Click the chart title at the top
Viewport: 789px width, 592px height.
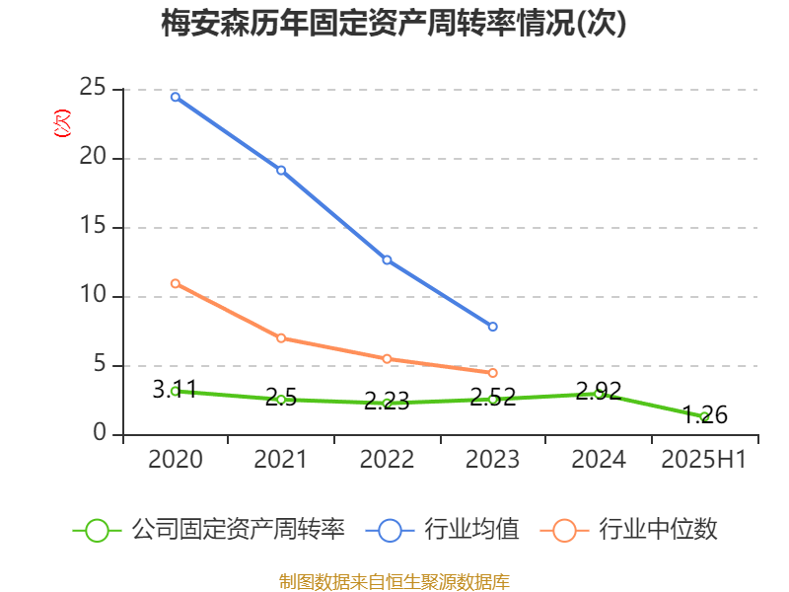(394, 24)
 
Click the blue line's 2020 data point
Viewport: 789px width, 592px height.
(175, 97)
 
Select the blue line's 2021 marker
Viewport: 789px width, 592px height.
(281, 170)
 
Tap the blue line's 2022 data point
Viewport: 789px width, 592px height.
(387, 259)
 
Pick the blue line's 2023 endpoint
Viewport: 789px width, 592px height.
(493, 327)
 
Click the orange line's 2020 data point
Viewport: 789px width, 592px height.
(175, 283)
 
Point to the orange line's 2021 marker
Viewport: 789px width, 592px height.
(281, 337)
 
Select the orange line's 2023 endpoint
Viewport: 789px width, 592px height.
(493, 373)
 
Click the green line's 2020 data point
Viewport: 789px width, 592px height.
(175, 391)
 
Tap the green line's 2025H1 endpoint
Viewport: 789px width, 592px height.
(704, 416)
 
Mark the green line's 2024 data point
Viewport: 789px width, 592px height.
(599, 393)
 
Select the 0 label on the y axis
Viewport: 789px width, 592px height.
(100, 433)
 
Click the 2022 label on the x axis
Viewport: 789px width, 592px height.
(387, 460)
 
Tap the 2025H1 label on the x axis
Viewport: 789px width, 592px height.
(704, 460)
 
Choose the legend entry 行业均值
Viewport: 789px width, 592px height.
(471, 530)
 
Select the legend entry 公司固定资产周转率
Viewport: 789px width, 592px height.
(238, 530)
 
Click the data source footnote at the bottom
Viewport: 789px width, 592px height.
(394, 581)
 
